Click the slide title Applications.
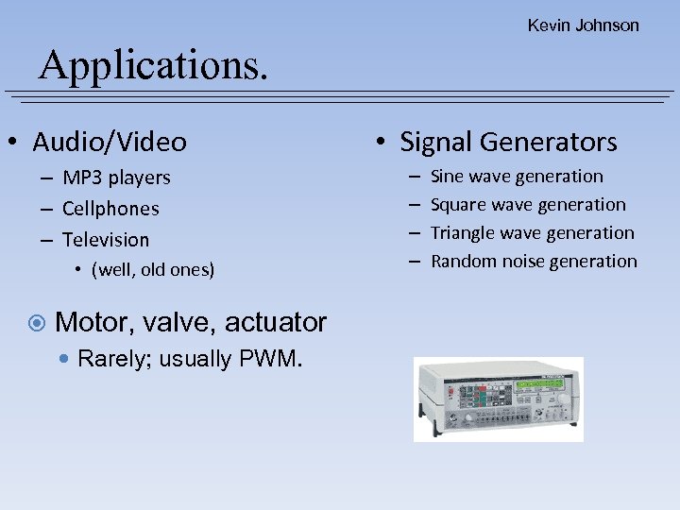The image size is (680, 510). (154, 64)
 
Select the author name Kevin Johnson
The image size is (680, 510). (583, 25)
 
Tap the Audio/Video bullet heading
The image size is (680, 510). (110, 143)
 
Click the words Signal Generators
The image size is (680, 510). (508, 143)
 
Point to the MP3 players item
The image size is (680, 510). (116, 178)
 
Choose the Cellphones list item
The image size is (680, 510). (110, 209)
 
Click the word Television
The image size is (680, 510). (106, 240)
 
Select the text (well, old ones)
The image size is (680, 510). (153, 270)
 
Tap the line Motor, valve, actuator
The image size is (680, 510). (191, 322)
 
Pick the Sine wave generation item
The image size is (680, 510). (517, 177)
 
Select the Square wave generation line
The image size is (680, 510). (528, 205)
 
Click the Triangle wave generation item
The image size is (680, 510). (533, 233)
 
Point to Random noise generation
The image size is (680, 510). (534, 262)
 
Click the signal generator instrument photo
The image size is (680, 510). (498, 399)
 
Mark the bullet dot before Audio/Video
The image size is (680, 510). (12, 144)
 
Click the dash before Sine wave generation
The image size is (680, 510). (415, 177)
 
